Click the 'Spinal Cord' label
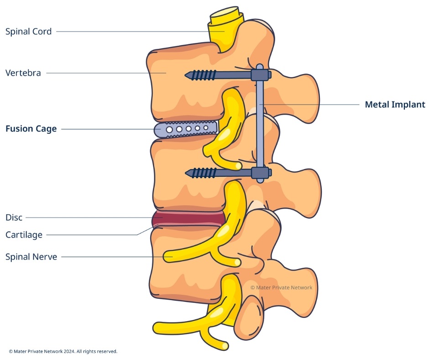point(28,32)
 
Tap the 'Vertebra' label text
point(23,73)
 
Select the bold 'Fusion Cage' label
point(31,129)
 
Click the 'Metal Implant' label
point(395,105)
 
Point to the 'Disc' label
point(14,217)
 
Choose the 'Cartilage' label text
point(24,235)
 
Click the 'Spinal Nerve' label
point(31,257)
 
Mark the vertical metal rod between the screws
point(260,123)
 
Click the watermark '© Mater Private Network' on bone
point(281,287)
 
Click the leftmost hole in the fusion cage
point(169,130)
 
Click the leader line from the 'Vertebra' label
point(105,73)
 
